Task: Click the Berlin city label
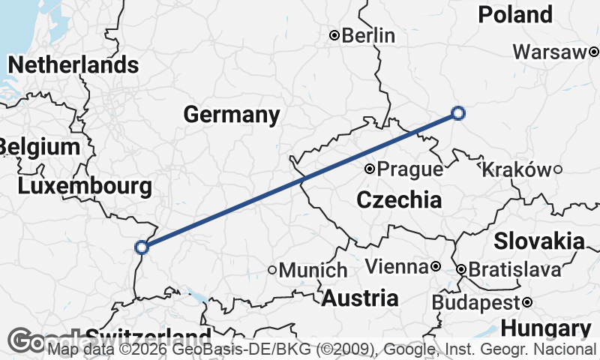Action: point(368,35)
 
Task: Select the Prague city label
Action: point(409,169)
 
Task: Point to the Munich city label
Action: point(313,270)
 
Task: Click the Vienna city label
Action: point(397,266)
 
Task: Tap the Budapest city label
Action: point(476,302)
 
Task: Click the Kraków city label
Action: point(516,169)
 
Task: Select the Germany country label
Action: point(232,115)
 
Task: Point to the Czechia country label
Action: point(398,200)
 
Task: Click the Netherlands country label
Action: point(73,64)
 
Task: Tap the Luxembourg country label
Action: point(84,186)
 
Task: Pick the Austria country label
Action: point(360,298)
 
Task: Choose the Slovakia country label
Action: point(538,241)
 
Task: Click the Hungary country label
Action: point(545,328)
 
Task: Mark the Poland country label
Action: point(515,14)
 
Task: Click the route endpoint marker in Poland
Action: point(458,113)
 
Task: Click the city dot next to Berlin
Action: point(334,35)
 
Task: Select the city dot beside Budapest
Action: point(528,302)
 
